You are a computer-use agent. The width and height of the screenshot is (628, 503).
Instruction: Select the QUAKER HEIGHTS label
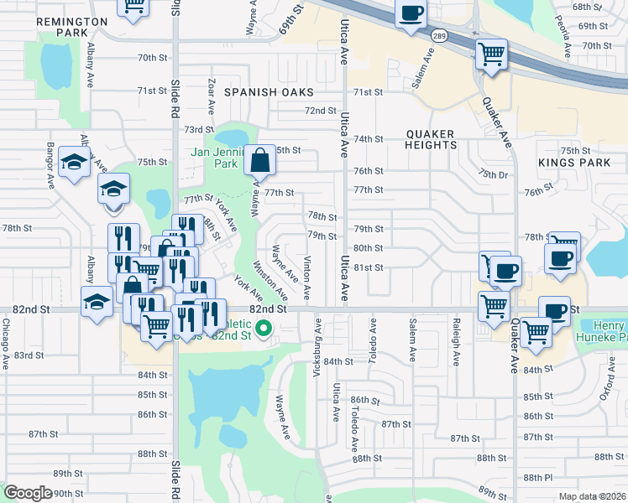coord(430,139)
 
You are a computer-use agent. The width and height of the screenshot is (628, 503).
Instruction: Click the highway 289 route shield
coord(439,36)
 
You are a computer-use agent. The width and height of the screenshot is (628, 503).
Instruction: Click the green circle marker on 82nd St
coord(264,328)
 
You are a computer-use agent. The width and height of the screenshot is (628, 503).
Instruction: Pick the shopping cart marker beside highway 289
coord(491,55)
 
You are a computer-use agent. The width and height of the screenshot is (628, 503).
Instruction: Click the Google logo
coord(27,493)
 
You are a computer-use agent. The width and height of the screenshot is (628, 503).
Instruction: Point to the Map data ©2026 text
coord(591,496)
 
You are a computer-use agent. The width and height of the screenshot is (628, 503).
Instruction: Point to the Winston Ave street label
coord(276,283)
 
